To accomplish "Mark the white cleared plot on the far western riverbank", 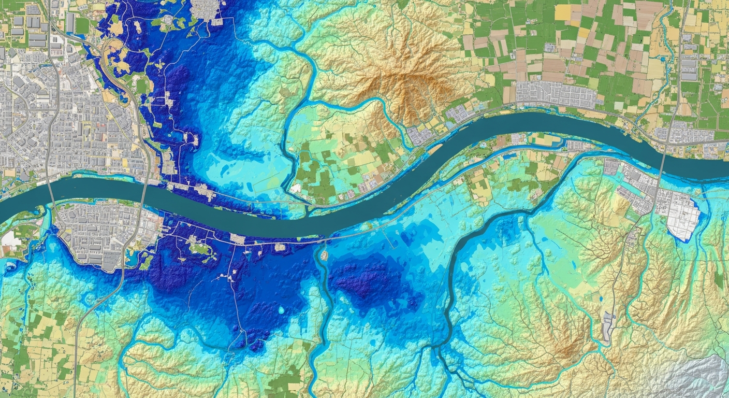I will tap(9, 238).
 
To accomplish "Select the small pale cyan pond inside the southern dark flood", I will tap(283, 310).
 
